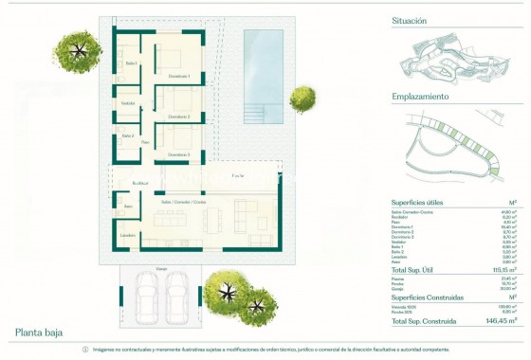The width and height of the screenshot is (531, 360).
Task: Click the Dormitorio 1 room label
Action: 180,76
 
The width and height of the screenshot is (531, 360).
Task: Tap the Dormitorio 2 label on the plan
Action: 180,117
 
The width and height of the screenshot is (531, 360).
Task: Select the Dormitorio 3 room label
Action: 180,153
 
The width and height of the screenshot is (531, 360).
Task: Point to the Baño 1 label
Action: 131,63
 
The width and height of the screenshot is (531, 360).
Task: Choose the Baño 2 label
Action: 128,135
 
